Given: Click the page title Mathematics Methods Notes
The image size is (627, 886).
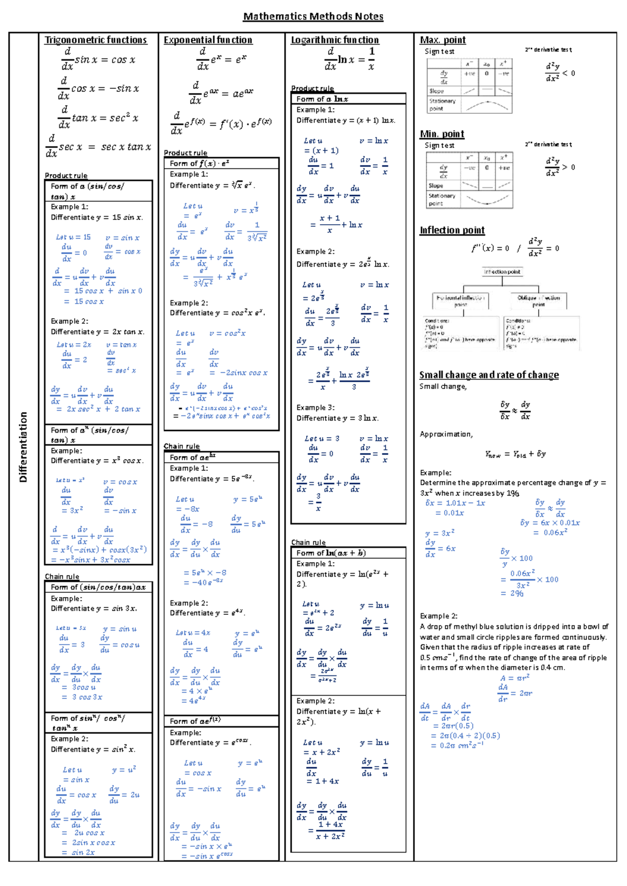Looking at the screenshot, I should click(x=313, y=17).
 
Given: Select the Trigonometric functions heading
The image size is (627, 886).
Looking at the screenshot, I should click(x=96, y=40).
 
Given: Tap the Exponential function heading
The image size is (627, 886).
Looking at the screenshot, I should click(x=207, y=40).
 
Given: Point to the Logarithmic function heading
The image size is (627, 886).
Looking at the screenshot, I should click(x=334, y=40).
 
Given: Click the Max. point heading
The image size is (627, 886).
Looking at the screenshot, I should click(x=443, y=40).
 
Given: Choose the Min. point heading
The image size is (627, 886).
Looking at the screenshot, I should click(x=442, y=134).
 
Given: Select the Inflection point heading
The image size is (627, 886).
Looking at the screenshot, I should click(x=452, y=230).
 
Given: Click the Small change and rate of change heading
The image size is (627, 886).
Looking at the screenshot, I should click(x=489, y=375).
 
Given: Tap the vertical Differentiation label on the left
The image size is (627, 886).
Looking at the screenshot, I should click(x=23, y=447).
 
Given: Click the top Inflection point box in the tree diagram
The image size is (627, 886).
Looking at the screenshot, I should click(x=502, y=272).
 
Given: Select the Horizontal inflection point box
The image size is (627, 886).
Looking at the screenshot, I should click(x=460, y=301).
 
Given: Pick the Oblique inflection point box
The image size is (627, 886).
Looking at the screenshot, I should click(x=539, y=301).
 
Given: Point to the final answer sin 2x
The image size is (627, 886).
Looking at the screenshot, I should click(x=83, y=853).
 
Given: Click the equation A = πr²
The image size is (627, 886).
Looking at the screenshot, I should click(x=515, y=678).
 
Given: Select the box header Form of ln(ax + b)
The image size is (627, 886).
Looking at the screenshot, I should click(x=331, y=553).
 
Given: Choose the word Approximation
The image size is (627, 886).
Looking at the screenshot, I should click(x=446, y=434).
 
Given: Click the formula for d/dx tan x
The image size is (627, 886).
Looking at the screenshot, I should click(x=98, y=119).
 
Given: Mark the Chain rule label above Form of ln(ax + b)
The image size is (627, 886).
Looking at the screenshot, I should click(x=308, y=542).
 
